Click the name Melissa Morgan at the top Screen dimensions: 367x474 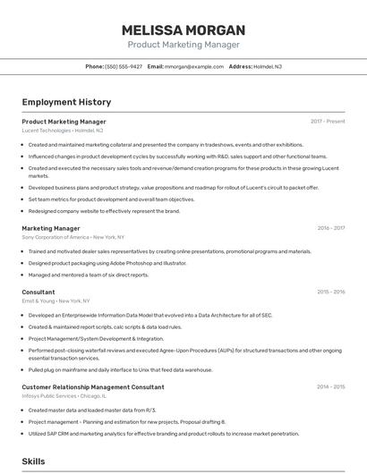tap(183, 30)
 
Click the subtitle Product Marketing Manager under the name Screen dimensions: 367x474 tap(183, 45)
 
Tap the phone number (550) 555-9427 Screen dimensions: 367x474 tap(124, 66)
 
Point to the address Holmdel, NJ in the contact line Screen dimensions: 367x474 tap(268, 66)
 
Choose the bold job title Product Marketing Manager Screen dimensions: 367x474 tap(64, 122)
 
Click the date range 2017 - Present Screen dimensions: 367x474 tap(328, 122)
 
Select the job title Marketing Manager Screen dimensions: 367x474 tap(51, 228)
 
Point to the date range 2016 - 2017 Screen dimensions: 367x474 tap(331, 228)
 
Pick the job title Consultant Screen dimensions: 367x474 tap(38, 292)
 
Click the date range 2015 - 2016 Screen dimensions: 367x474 tap(331, 292)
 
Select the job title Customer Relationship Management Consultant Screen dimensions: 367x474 tap(93, 387)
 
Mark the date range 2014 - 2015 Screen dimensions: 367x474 tap(331, 387)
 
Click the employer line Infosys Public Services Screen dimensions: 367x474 tap(64, 396)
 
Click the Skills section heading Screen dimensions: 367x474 tap(33, 461)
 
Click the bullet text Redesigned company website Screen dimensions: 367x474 tap(104, 211)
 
